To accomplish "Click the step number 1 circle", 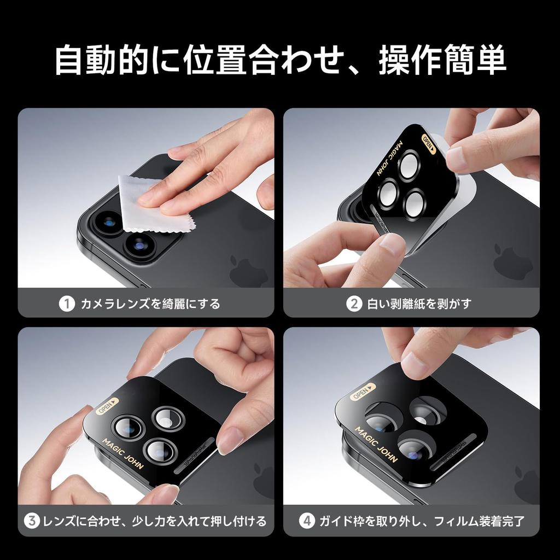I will [x=67, y=303].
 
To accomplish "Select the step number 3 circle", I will [x=33, y=521].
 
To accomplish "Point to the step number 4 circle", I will [x=307, y=521].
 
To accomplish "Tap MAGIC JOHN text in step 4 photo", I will [x=377, y=444].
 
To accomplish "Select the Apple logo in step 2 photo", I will [x=513, y=262].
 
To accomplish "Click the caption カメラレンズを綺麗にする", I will [x=150, y=303].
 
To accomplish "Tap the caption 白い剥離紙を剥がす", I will [x=419, y=303].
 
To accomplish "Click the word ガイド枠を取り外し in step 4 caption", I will [x=369, y=521].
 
